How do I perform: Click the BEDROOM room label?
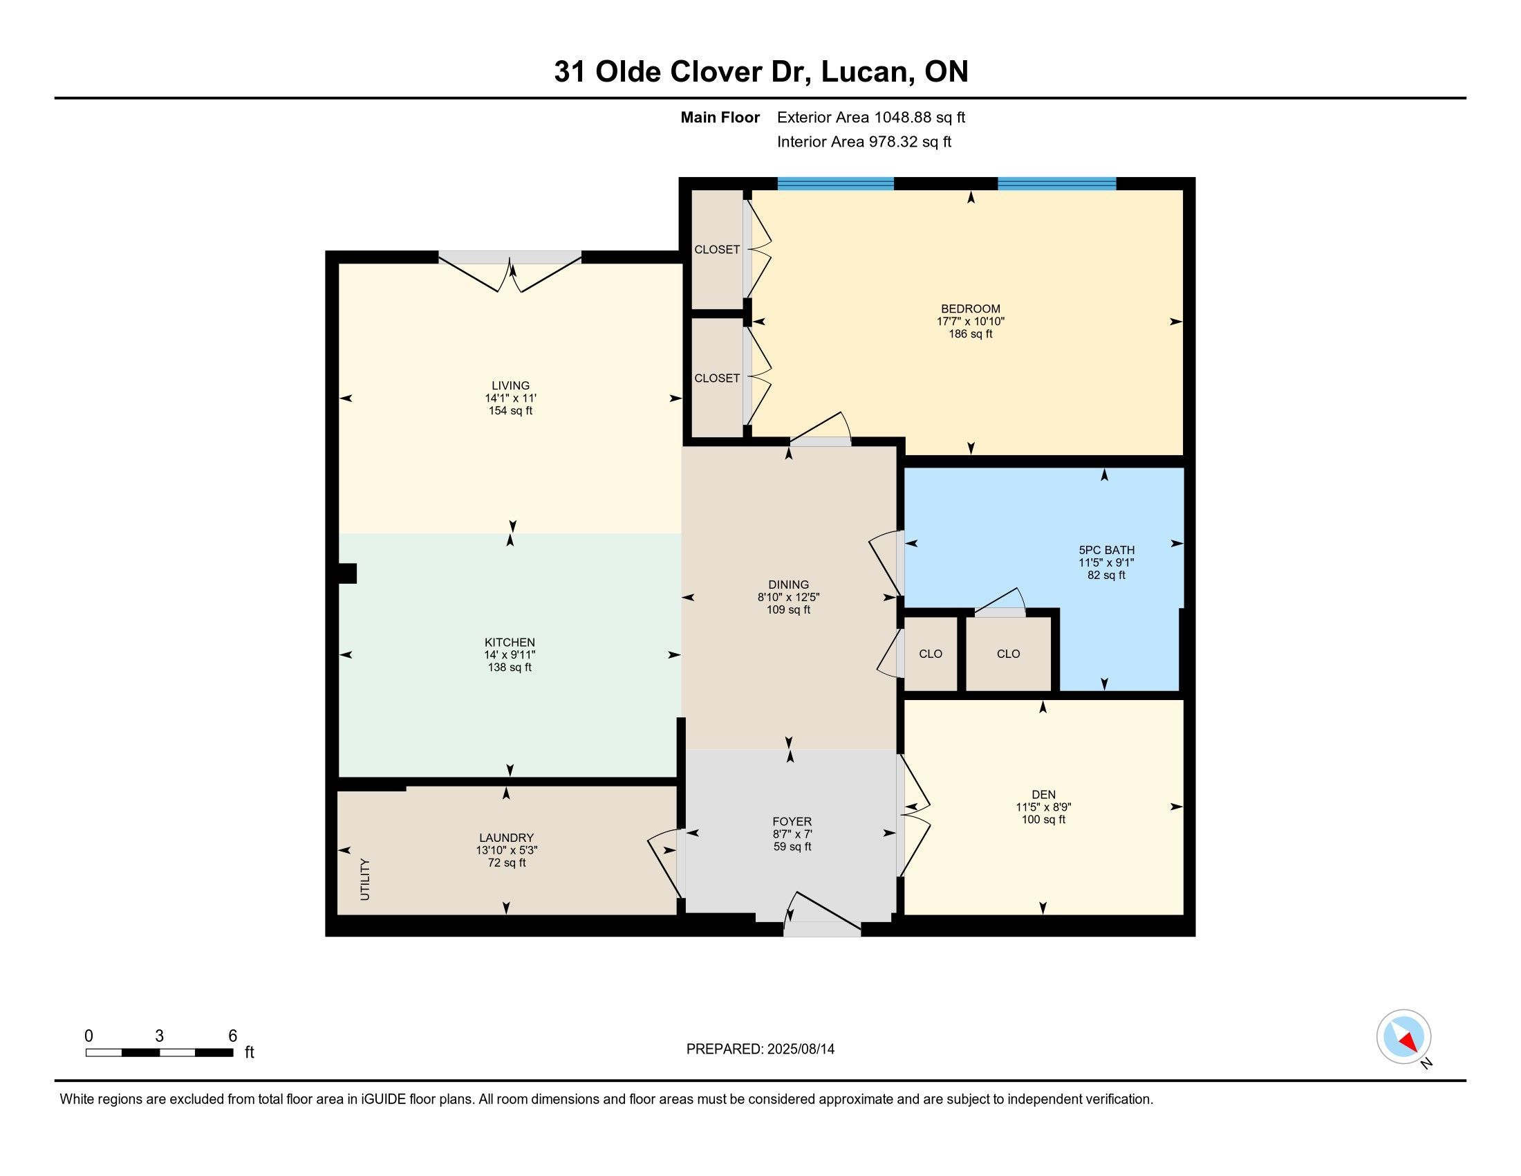tap(970, 309)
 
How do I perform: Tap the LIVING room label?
tap(510, 385)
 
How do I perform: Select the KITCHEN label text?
tap(510, 643)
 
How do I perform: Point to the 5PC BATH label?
tap(1107, 550)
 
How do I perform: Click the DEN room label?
tap(1043, 794)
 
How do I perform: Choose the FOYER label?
tap(792, 821)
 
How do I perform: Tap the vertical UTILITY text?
tap(365, 879)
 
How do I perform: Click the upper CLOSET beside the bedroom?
tap(717, 250)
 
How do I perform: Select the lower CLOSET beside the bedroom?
tap(717, 378)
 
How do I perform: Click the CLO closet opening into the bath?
tap(1008, 654)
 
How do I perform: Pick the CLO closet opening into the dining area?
tap(931, 654)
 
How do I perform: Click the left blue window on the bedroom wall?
tap(835, 184)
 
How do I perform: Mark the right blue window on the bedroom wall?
tap(1056, 184)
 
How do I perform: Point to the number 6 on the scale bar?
tap(232, 1036)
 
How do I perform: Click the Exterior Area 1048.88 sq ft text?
tap(870, 117)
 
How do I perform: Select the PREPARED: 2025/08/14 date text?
tap(760, 1049)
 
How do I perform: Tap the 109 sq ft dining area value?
tap(788, 609)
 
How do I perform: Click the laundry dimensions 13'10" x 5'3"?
tap(506, 850)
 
